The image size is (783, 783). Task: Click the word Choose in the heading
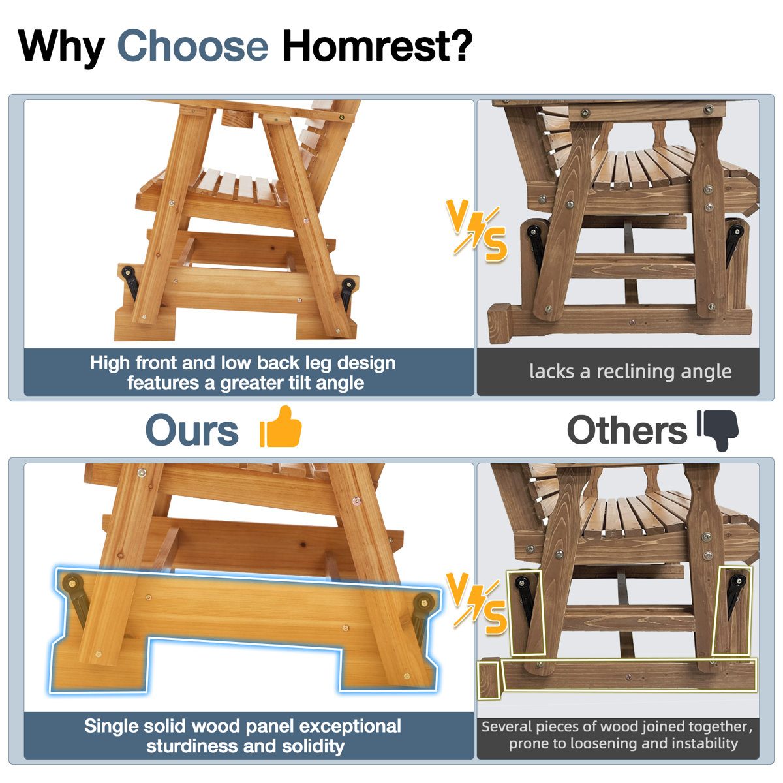point(192,45)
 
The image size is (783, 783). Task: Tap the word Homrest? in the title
point(378,45)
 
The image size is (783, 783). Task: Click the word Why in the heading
point(61,48)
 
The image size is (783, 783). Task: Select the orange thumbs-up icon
point(281,427)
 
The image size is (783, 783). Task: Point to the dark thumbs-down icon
point(718,430)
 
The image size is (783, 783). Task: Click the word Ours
point(192,430)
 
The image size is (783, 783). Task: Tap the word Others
point(626,430)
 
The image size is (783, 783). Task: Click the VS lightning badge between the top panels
point(476,230)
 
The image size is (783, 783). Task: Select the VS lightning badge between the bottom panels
point(476,603)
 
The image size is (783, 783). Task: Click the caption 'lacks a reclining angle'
point(630,371)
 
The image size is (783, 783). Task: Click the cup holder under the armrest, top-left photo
point(237,119)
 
